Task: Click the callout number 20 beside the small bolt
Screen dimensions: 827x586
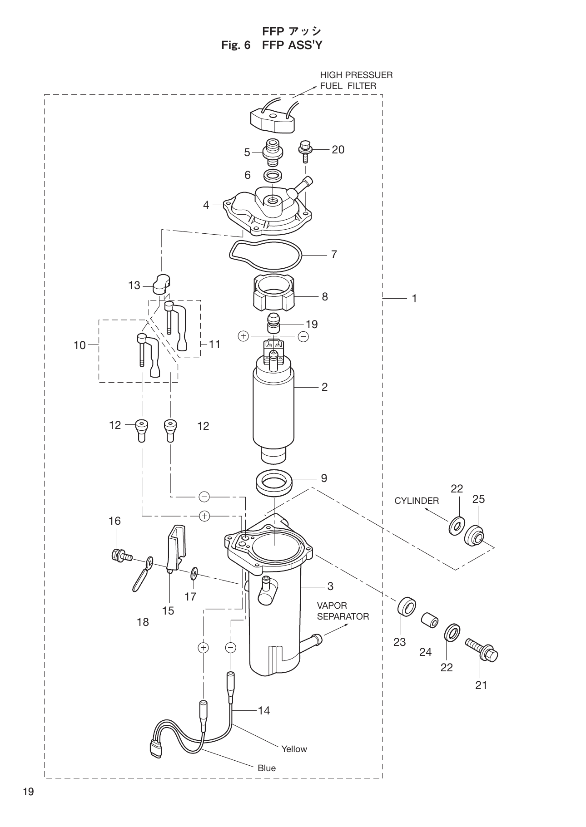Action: tap(338, 149)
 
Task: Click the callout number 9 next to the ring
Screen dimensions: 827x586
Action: tap(324, 478)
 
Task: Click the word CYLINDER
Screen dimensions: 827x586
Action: tap(417, 501)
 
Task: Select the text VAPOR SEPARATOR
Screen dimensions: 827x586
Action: tap(343, 611)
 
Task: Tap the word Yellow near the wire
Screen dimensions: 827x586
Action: tap(294, 749)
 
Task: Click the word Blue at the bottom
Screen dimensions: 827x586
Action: tap(267, 768)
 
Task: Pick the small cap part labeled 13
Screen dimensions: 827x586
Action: tap(160, 284)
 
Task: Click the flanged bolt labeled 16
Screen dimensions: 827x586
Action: tap(119, 555)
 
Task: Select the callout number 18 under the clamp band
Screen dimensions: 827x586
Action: tap(143, 622)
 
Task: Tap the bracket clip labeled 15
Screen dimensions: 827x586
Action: tap(176, 546)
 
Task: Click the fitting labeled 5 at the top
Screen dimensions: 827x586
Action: tap(272, 152)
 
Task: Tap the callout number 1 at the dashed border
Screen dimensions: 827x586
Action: tap(414, 298)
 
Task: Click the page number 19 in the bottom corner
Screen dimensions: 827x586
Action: tap(28, 792)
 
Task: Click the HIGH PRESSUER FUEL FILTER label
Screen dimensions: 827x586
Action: tap(356, 80)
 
